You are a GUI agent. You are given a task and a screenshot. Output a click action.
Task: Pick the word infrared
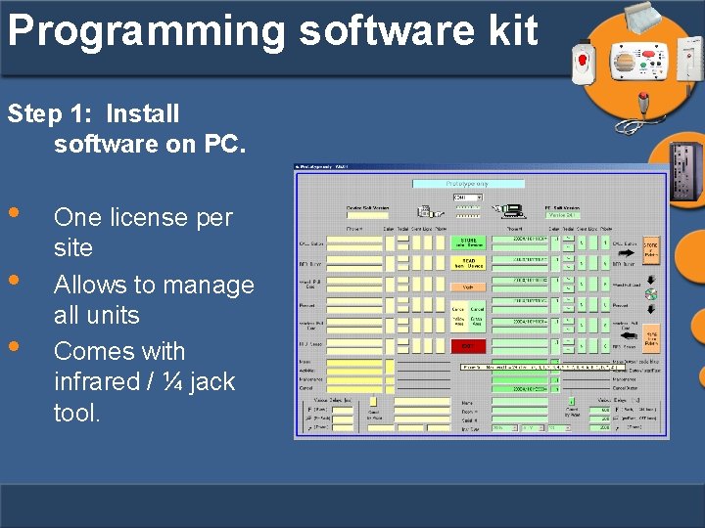click(x=99, y=381)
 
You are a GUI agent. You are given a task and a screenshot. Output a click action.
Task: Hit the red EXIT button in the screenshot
click(x=468, y=346)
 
